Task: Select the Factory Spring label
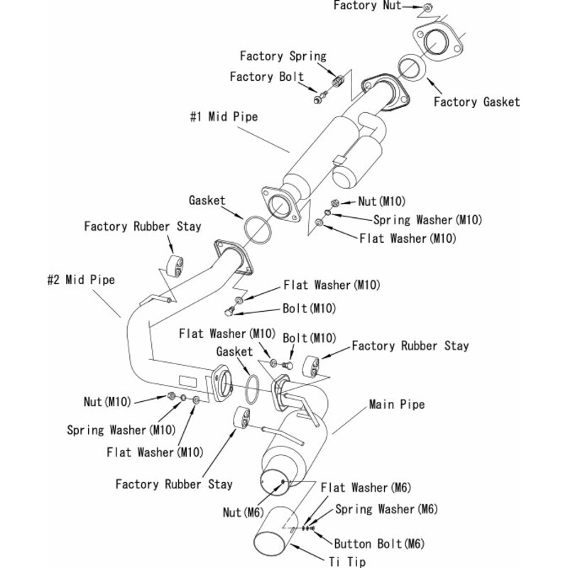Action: [x=283, y=55]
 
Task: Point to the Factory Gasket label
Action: [x=476, y=102]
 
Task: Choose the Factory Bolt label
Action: [x=266, y=77]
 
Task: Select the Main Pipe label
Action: [x=396, y=405]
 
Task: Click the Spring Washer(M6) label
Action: [x=386, y=509]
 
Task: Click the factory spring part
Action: [x=339, y=80]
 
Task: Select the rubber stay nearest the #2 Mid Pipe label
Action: [x=173, y=266]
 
